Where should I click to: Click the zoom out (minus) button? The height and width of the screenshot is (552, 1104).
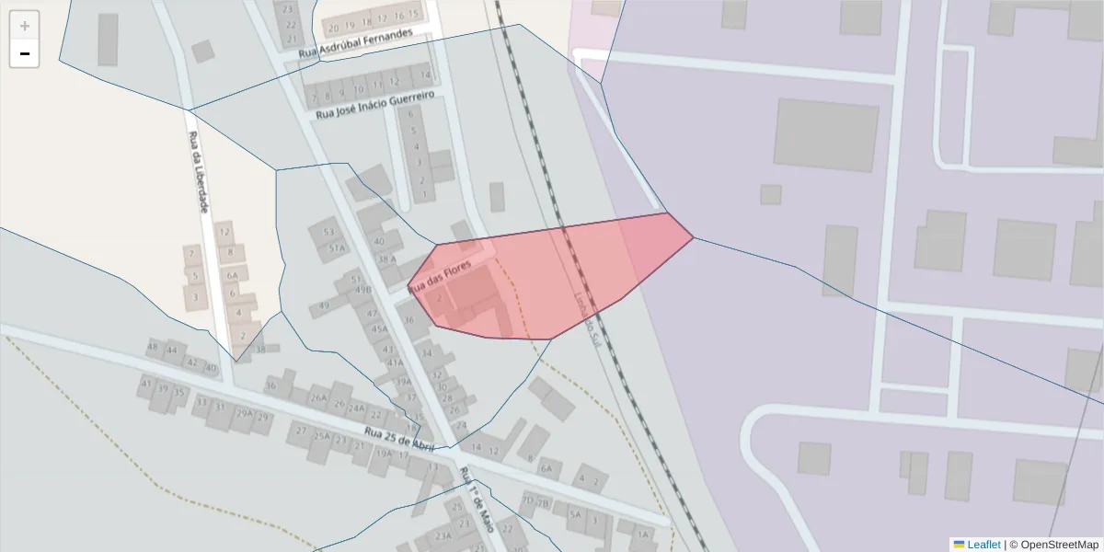point(25,54)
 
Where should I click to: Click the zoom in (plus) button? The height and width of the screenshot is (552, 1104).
point(25,26)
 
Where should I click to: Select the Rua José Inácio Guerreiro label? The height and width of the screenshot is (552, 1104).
point(374,104)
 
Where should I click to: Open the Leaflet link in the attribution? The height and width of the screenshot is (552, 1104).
point(983,544)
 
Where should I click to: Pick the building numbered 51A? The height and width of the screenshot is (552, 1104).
point(337,247)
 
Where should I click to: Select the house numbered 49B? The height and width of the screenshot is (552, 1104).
point(363,289)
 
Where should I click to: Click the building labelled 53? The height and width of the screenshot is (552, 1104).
point(328,232)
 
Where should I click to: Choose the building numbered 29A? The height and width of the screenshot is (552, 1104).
point(244,413)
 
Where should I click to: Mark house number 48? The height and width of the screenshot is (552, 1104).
point(153,349)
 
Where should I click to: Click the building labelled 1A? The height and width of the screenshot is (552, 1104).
point(642,534)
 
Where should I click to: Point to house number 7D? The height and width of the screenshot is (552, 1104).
point(527,501)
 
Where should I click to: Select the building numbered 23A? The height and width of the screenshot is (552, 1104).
point(443,536)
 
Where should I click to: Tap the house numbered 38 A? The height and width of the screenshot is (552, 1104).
point(386,259)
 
